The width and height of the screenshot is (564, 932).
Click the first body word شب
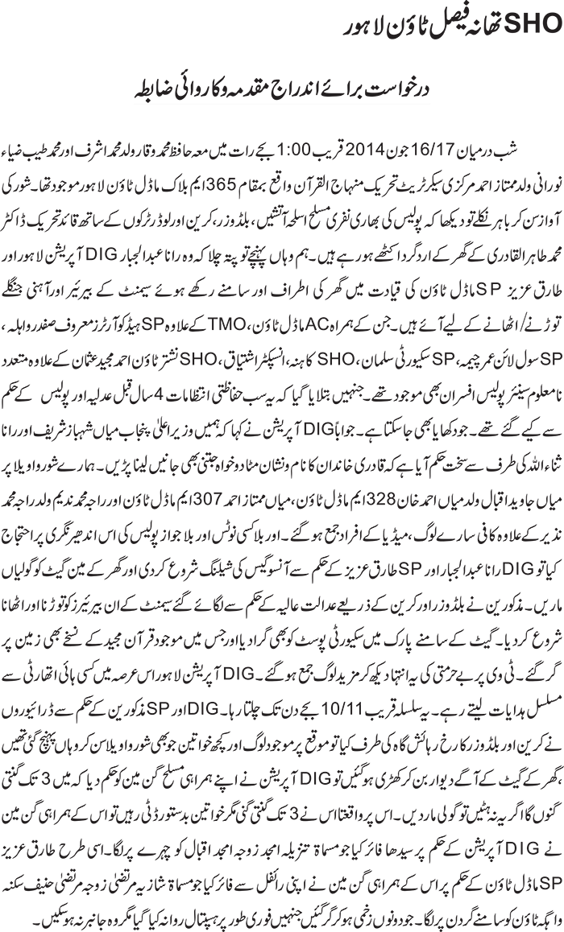coord(549,129)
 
